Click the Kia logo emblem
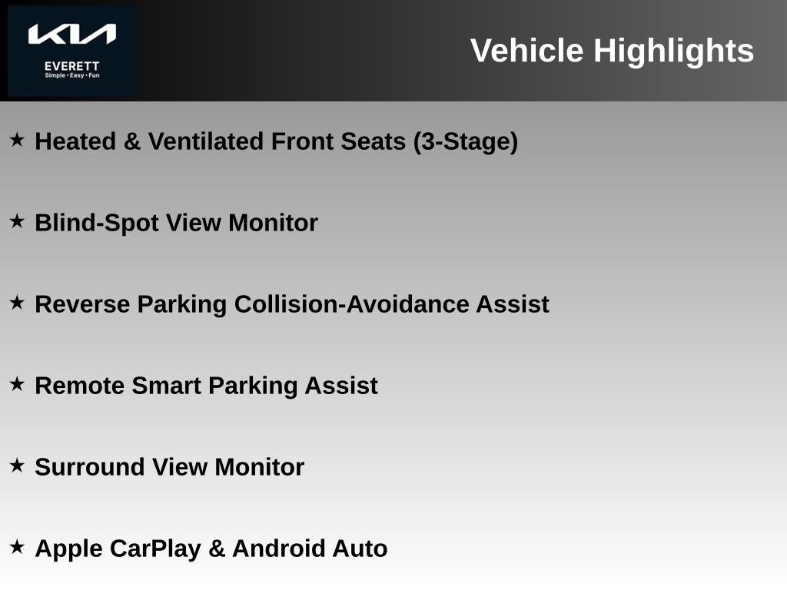[71, 34]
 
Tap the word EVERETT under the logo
[71, 66]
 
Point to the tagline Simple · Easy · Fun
[71, 76]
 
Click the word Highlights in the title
[673, 51]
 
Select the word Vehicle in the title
[526, 51]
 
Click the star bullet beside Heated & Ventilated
[17, 140]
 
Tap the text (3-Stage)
[465, 141]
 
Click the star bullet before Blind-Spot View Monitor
[17, 220]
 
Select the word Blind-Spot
[97, 223]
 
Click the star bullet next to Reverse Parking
[17, 303]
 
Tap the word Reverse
[82, 304]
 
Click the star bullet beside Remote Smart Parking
[17, 384]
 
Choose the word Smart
[167, 386]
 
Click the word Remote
[80, 386]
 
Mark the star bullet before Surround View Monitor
[17, 465]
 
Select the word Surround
[90, 467]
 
